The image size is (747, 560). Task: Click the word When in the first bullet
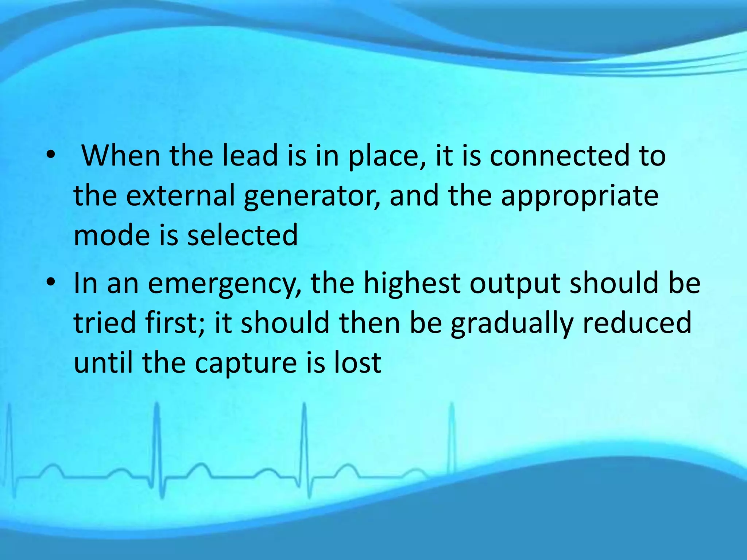pyautogui.click(x=121, y=156)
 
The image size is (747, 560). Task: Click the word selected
pyautogui.click(x=243, y=235)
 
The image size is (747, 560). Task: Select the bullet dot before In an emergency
pyautogui.click(x=51, y=283)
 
